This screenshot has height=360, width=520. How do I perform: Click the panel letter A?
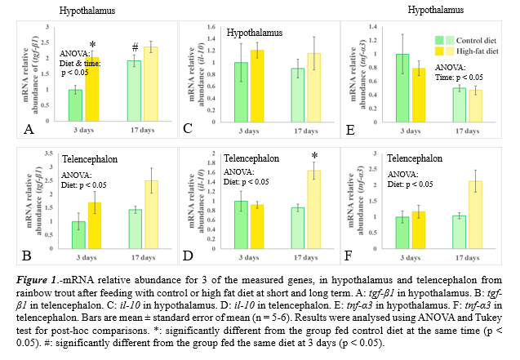point(29,129)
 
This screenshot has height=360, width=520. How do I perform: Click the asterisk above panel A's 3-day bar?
point(92,45)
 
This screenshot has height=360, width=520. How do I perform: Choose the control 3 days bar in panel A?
point(75,104)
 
